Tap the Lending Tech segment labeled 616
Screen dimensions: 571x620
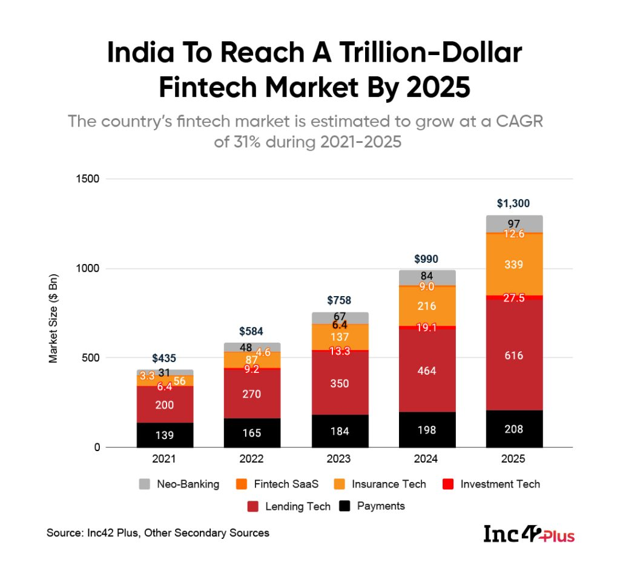coord(513,355)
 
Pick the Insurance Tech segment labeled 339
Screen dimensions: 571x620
coord(513,265)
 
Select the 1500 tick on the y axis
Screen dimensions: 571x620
coord(88,179)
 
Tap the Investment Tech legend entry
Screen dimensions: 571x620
coord(500,484)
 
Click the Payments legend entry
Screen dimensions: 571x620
coord(380,506)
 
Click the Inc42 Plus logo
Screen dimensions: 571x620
coord(529,534)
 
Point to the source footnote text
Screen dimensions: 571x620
coord(158,533)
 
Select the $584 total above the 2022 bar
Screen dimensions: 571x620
coord(251,331)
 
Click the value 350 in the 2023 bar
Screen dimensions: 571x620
coord(340,383)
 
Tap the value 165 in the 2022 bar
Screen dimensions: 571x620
coord(251,433)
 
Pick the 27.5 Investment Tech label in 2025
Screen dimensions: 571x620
coord(513,298)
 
